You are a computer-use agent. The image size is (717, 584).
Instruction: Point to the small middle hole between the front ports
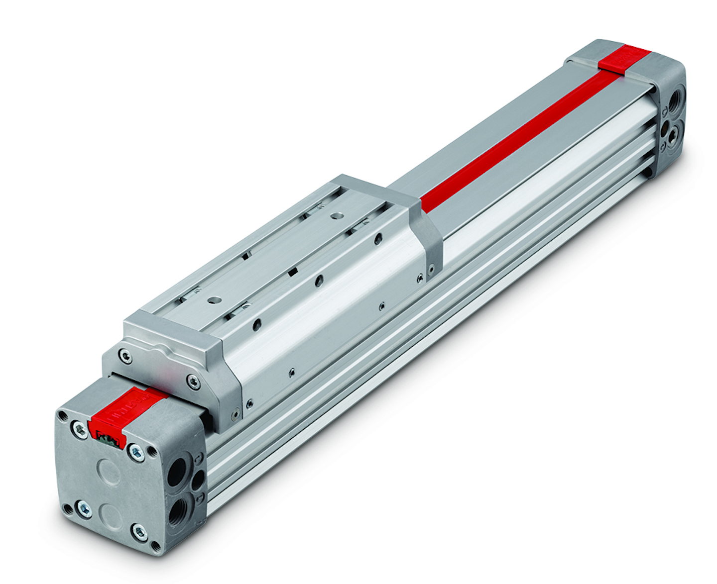click(198, 481)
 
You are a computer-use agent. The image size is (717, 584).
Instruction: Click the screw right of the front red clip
click(135, 452)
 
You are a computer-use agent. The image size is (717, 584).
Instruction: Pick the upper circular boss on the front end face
click(109, 470)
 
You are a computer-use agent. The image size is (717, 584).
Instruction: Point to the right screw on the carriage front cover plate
click(193, 382)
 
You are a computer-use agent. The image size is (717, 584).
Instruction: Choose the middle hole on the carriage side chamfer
click(319, 281)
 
